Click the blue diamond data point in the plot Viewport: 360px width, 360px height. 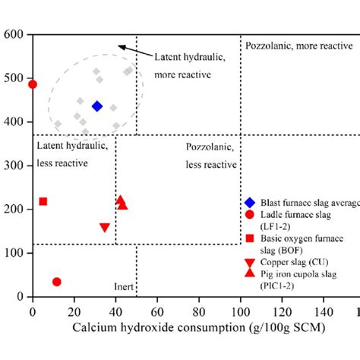97,106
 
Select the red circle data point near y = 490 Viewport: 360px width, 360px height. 33,84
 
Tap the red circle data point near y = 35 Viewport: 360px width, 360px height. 56,282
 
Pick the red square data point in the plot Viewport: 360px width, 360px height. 43,201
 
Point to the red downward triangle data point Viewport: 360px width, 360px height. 105,228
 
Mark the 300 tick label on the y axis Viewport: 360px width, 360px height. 14,166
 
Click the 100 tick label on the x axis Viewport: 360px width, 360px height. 241,311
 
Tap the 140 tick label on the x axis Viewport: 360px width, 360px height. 324,311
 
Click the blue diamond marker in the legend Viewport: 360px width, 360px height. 249,202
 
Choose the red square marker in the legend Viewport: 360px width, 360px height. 249,239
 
